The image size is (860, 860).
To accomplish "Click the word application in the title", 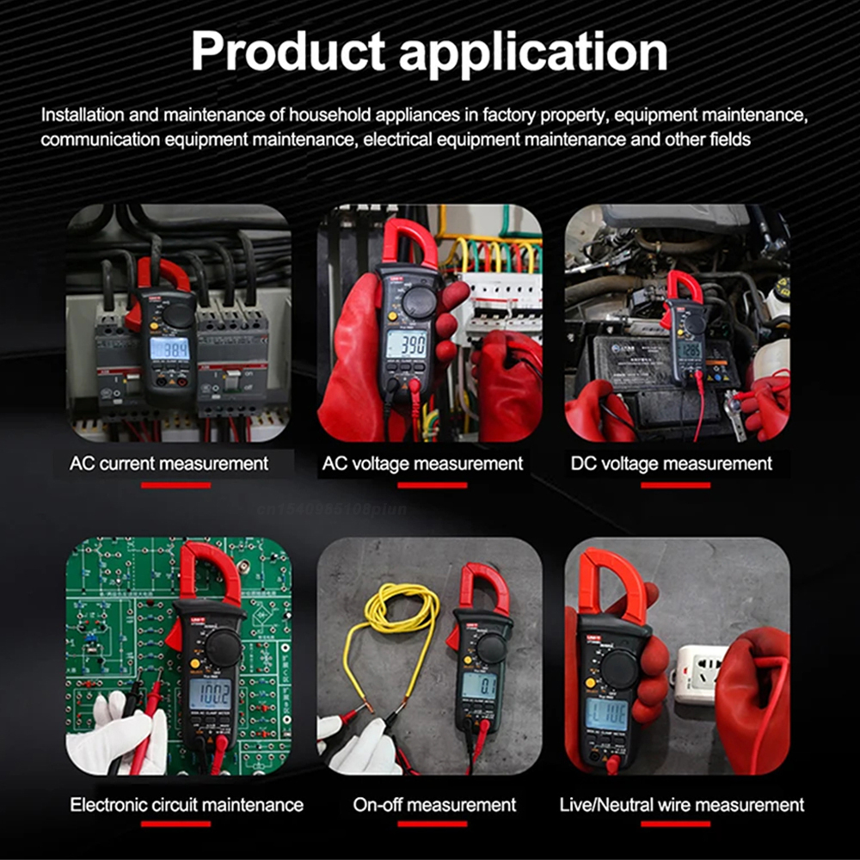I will [534, 53].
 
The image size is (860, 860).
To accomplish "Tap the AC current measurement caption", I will [169, 464].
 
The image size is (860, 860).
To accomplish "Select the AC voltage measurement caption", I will [422, 464].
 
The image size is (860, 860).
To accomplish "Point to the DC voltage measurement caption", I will [671, 464].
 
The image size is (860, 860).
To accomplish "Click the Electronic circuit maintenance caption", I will [187, 805].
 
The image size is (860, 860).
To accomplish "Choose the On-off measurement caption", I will [434, 805].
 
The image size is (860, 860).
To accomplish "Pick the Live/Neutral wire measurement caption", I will [681, 805].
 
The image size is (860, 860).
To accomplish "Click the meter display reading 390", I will [406, 344].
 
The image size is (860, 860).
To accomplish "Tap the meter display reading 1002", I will [210, 693].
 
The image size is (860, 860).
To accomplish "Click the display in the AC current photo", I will [169, 347].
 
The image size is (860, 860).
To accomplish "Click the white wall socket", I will [694, 674].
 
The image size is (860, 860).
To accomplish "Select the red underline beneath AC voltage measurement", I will [421, 485].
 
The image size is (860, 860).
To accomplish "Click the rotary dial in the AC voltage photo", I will [419, 302].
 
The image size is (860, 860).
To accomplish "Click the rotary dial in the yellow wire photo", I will [490, 647].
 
